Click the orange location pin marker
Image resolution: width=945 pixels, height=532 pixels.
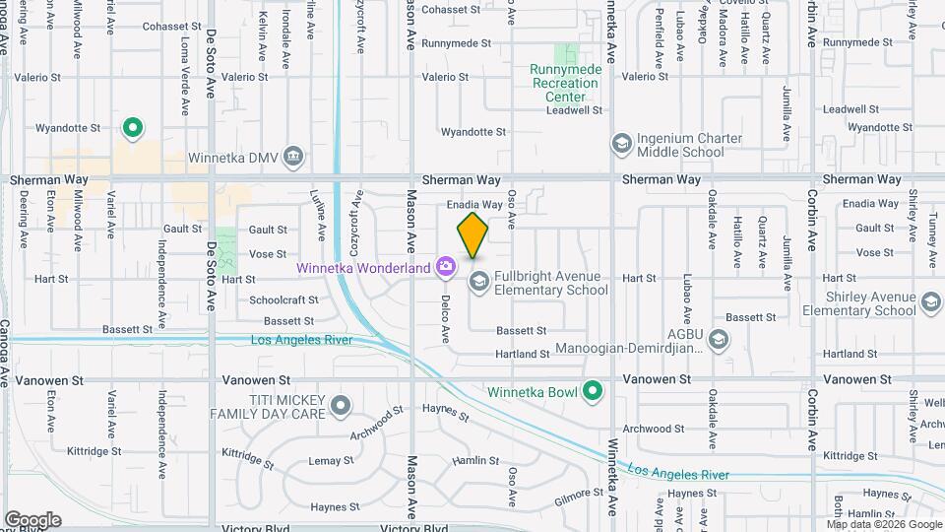pyautogui.click(x=472, y=234)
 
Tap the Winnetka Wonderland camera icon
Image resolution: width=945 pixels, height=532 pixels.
pyautogui.click(x=446, y=266)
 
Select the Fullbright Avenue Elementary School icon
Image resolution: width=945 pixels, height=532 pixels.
pyautogui.click(x=479, y=282)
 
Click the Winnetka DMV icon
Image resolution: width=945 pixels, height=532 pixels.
pyautogui.click(x=292, y=156)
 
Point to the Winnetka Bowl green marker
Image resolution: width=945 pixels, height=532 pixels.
pyautogui.click(x=593, y=391)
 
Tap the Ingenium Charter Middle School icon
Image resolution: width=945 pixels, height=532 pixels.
pyautogui.click(x=621, y=145)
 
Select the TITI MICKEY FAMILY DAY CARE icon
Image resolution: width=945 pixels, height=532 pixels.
pyautogui.click(x=341, y=405)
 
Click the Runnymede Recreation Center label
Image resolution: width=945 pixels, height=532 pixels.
pyautogui.click(x=565, y=83)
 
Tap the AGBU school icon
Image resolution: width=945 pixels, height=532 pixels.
pyautogui.click(x=719, y=340)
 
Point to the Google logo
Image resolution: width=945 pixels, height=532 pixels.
pyautogui.click(x=32, y=520)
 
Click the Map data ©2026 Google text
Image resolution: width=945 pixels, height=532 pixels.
pyautogui.click(x=885, y=524)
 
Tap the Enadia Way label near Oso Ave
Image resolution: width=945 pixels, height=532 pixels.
pyautogui.click(x=474, y=204)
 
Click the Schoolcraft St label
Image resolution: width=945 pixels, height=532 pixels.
pyautogui.click(x=284, y=300)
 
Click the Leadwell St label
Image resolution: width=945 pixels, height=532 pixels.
pyautogui.click(x=574, y=110)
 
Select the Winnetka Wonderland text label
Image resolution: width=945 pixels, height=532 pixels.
pyautogui.click(x=364, y=268)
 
